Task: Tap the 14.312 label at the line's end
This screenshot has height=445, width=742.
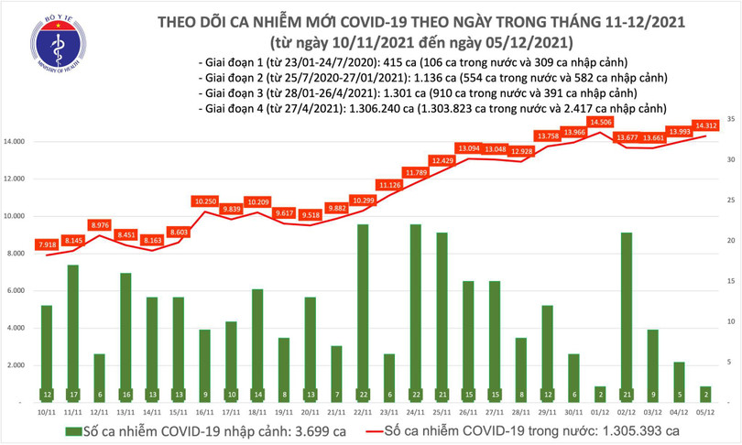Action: coord(705,126)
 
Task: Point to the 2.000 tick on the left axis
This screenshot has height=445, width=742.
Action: coord(16,365)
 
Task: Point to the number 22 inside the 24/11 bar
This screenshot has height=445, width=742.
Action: coord(415,395)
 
